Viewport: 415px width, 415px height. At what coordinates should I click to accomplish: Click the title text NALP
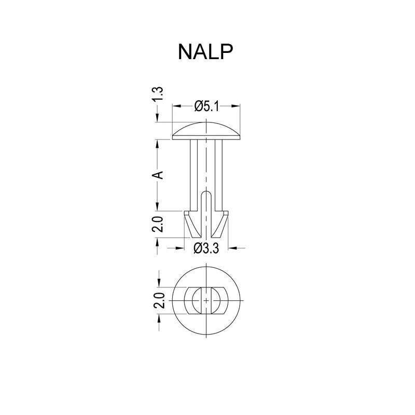pyautogui.click(x=205, y=52)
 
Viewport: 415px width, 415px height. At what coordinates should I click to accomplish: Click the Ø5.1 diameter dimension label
pyautogui.click(x=206, y=106)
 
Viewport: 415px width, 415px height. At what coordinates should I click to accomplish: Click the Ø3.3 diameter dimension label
pyautogui.click(x=206, y=248)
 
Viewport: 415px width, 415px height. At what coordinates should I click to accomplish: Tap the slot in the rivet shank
pyautogui.click(x=206, y=205)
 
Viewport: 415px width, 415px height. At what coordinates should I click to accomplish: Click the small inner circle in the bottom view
pyautogui.click(x=206, y=300)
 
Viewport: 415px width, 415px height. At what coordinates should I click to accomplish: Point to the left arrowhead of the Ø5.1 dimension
pyautogui.click(x=175, y=106)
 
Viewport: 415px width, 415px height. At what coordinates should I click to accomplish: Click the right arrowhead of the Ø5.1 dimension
pyautogui.click(x=238, y=106)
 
